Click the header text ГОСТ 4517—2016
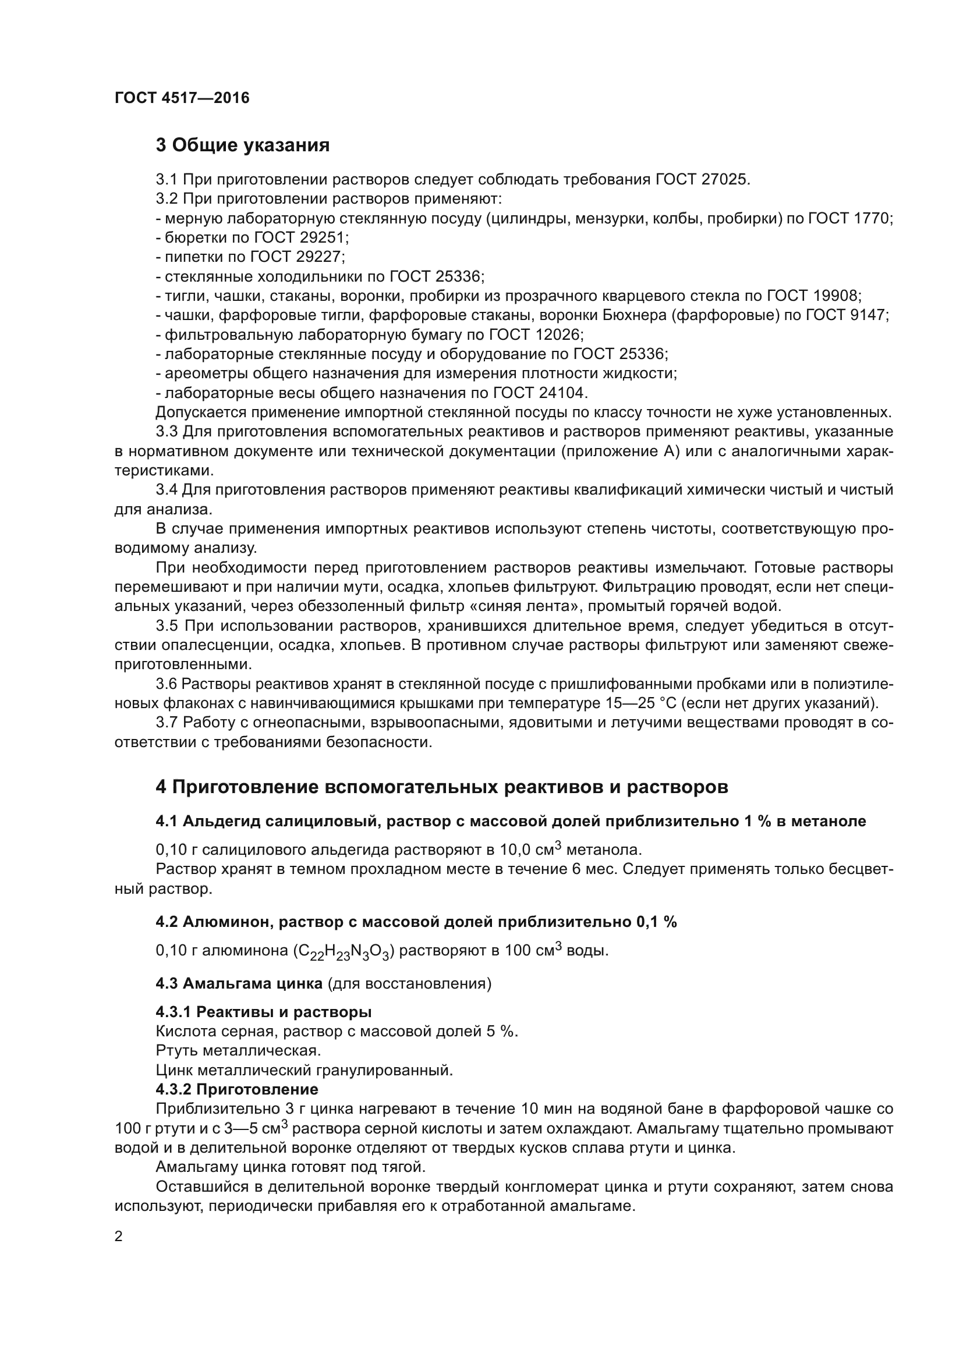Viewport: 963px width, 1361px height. coord(182,98)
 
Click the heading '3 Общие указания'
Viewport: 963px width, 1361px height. coord(243,145)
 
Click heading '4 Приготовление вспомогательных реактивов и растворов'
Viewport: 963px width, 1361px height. coord(442,787)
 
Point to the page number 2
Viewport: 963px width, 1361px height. coord(119,1237)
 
